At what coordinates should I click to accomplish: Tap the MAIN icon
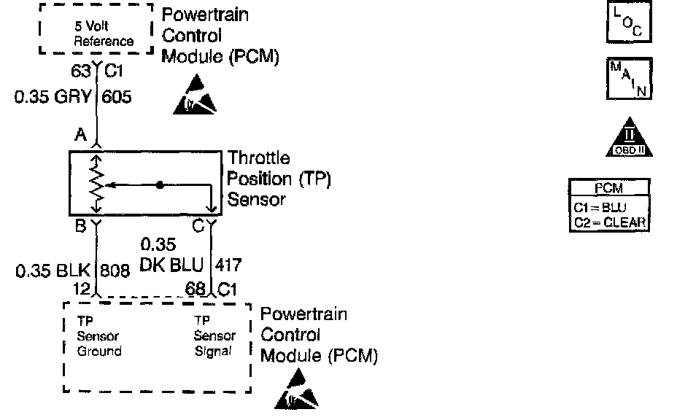point(627,79)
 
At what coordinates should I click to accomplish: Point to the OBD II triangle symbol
point(629,139)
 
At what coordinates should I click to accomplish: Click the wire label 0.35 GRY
point(55,96)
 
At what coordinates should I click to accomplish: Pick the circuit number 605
point(117,96)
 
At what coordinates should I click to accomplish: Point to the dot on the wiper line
point(159,184)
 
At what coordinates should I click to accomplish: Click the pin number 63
point(81,71)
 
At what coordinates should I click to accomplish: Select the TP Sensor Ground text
point(99,336)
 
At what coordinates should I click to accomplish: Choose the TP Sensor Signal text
point(214,335)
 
